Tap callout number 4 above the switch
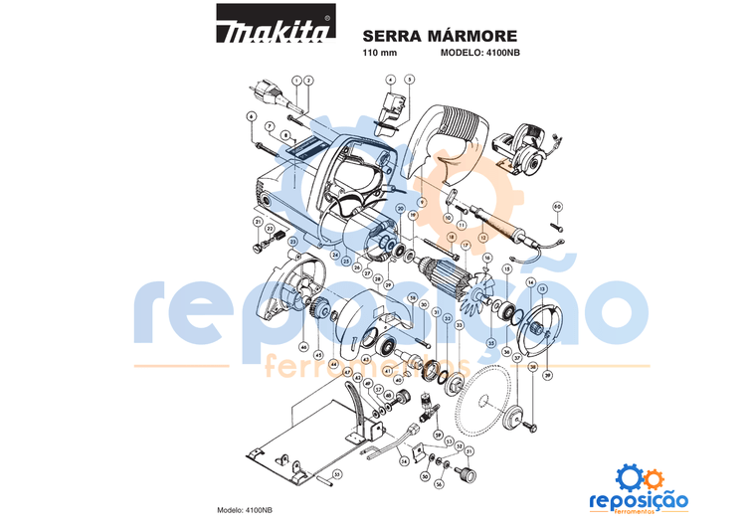[x=391, y=79]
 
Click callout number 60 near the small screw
[x=557, y=207]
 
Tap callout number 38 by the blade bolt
[x=533, y=366]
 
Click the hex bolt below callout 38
[x=527, y=427]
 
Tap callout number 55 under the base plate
[x=337, y=474]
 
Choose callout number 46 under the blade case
[x=302, y=347]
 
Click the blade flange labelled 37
[x=515, y=418]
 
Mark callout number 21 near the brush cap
[x=257, y=221]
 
